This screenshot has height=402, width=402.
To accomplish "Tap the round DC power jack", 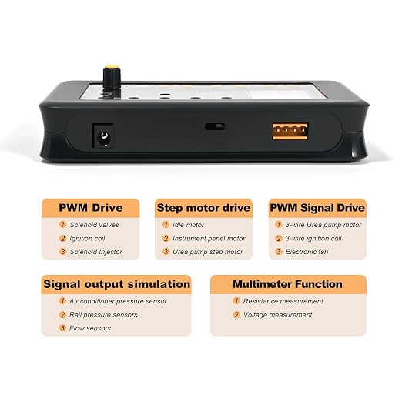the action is coord(104,139).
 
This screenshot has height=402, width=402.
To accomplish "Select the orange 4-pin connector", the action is coord(290,131).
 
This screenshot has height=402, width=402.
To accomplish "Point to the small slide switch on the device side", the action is coord(215,126).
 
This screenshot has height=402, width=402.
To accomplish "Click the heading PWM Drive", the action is coord(91,208).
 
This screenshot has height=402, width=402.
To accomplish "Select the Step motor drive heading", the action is coord(203,208).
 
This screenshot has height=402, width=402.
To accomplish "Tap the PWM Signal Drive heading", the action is coord(317,208).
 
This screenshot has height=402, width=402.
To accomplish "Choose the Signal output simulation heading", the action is coord(117,284).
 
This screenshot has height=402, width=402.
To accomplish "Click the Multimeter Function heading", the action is coord(287,284).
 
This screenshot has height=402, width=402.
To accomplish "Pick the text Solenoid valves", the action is coord(94,225).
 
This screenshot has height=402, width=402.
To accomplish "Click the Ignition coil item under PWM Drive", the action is coord(87,239).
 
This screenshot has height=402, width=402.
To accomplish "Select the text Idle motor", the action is coord(188,225).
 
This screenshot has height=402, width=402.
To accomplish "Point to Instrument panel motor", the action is coord(209,239).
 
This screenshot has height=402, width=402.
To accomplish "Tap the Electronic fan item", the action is coord(307,252).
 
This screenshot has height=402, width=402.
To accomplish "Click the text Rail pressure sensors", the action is coord(103,315).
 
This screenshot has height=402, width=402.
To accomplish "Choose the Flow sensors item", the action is coord(90,328).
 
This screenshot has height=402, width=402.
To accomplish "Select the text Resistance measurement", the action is coord(283,301).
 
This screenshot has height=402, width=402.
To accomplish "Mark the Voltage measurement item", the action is coord(278,315).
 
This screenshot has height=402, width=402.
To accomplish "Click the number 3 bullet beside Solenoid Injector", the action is coord(62,251).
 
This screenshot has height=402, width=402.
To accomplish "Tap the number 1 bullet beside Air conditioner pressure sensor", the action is coord(62,300).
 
